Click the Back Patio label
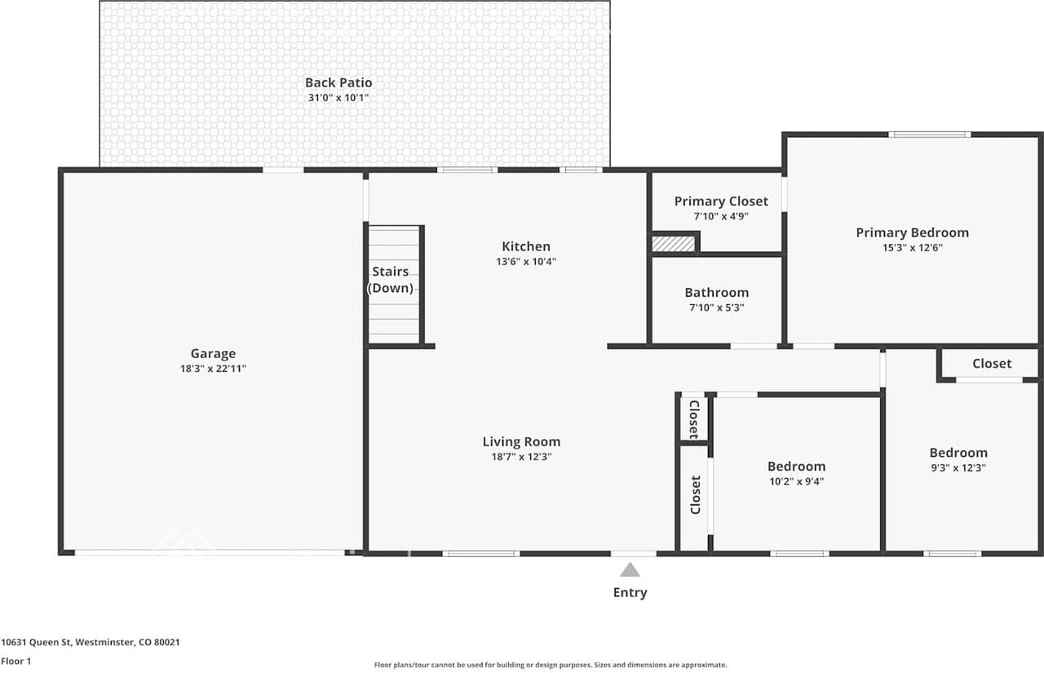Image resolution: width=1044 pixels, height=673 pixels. pos(338,82)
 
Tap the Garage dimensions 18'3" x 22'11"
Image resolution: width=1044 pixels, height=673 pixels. pos(213,369)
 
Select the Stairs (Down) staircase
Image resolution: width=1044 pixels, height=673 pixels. pos(394,284)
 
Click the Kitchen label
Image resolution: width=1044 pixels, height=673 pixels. pos(525,246)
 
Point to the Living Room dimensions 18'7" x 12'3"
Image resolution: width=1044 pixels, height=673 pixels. pos(521,457)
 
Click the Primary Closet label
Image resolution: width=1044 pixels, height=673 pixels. pos(721,201)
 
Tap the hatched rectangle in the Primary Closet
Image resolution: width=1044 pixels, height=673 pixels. pos(674,243)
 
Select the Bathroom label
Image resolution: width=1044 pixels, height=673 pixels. pos(716,293)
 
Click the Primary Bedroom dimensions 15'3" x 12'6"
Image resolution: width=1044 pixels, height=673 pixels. pos(912,248)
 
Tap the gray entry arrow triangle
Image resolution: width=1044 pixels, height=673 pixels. pos(630,570)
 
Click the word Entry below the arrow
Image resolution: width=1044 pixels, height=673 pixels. pos(630,593)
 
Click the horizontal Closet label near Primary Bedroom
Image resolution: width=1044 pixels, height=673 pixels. pos(992,364)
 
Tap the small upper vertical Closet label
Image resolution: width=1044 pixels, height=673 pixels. pos(693,418)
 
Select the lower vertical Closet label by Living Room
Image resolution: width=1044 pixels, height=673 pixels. pos(696,494)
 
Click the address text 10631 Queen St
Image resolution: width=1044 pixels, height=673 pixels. pos(91,642)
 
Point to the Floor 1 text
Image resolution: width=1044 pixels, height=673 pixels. pos(16,662)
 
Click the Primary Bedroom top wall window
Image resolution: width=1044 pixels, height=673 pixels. pos(930,135)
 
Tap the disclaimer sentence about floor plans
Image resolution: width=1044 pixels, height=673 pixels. pos(551,665)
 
